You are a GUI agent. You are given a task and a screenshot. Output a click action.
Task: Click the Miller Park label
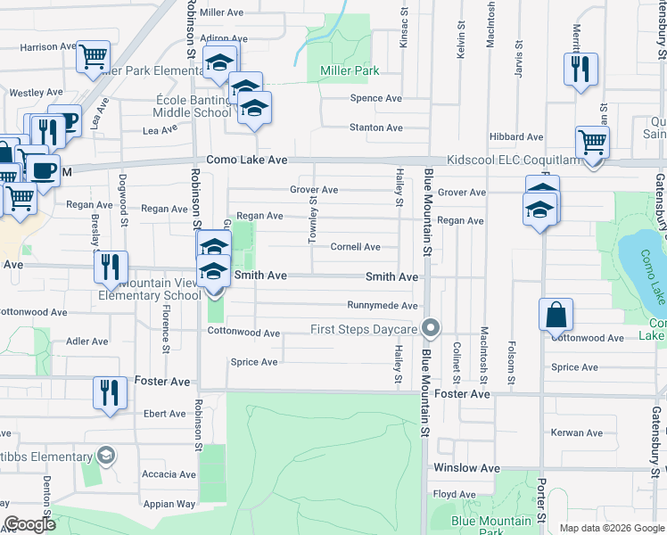343,70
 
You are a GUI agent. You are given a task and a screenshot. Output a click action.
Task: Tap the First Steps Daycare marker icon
431,329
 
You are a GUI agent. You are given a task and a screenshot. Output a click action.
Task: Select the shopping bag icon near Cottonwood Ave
556,315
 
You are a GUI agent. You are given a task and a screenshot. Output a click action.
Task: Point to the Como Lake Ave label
247,160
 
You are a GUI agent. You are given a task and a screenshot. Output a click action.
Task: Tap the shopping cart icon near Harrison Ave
93,56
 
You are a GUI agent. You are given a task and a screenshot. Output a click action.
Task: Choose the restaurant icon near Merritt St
581,70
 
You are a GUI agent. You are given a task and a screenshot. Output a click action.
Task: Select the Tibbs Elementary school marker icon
106,457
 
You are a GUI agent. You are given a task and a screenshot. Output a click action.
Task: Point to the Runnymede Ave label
383,306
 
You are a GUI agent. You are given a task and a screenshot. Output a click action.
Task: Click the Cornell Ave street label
356,247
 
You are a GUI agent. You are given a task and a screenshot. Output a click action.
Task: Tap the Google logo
29,524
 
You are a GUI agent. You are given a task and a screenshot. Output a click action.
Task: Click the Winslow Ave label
466,467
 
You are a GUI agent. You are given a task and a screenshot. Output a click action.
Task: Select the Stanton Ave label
375,128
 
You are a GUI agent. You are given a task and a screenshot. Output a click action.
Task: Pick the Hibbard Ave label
515,136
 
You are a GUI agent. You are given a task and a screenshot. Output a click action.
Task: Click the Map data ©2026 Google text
611,528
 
